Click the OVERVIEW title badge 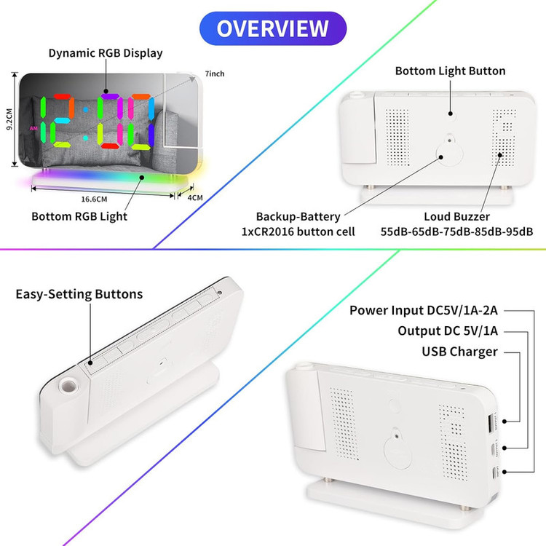coord(273,28)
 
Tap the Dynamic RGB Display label coord(106,53)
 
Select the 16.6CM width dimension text coord(94,199)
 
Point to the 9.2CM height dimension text coord(9,119)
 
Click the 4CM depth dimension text coord(195,198)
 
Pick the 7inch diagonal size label coord(215,74)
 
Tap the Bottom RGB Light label coord(79,217)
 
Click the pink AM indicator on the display coord(33,128)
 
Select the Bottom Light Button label coord(450,71)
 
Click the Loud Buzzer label coord(457,217)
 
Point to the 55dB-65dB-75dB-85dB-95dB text coord(456,232)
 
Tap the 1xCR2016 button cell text coord(298,232)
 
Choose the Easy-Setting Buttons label coord(79,294)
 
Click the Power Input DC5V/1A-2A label coord(424,310)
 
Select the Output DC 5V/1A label coord(448,331)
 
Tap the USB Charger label coord(459,352)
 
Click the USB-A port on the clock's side coord(490,422)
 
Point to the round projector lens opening coord(68,386)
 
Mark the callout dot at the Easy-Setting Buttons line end coord(90,363)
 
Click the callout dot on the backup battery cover coord(441,157)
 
